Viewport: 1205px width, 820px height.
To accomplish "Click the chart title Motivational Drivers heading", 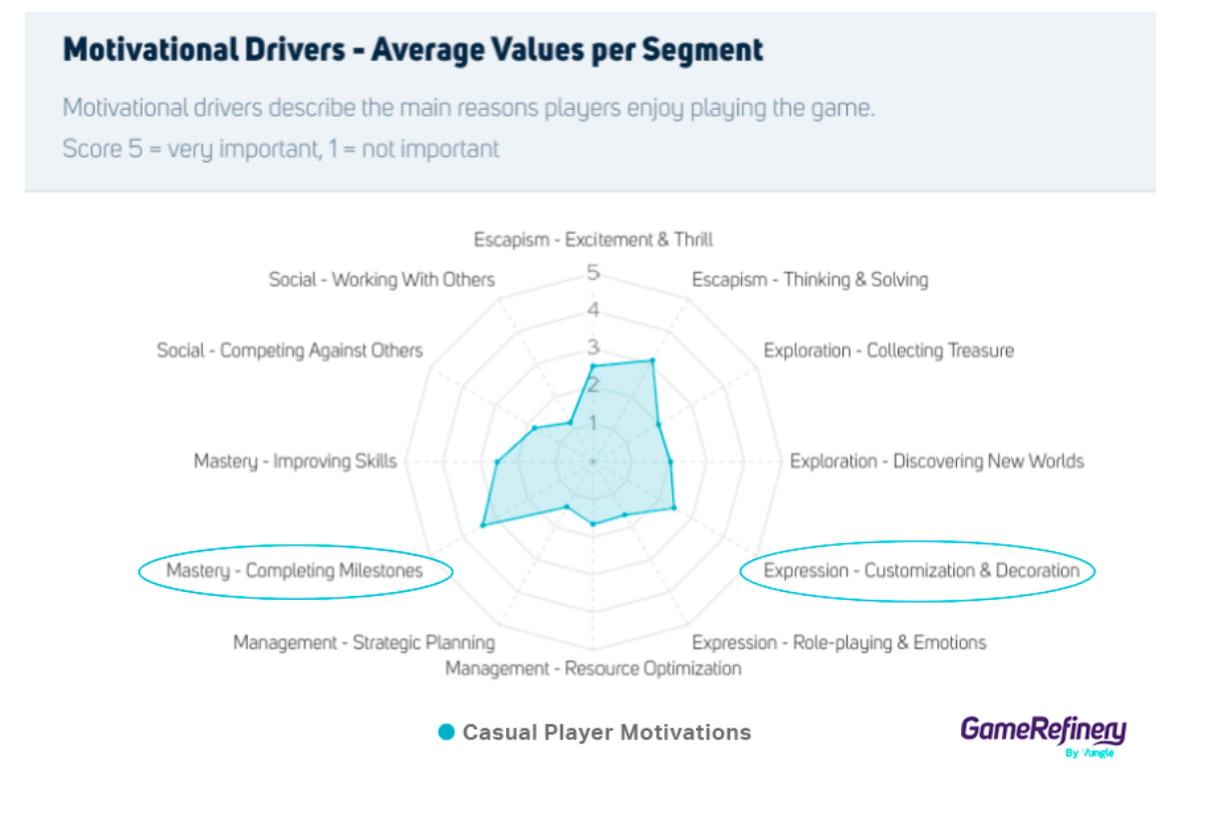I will point(413,50).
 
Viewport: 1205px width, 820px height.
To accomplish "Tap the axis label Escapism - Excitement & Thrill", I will point(594,239).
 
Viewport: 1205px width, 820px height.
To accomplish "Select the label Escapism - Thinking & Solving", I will point(810,280).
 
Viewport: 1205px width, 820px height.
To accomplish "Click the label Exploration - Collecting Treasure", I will point(888,351).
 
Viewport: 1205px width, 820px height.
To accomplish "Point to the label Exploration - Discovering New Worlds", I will point(936,461).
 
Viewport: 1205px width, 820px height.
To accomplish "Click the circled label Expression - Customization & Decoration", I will point(920,571).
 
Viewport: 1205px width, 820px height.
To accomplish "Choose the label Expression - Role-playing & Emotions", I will point(839,643).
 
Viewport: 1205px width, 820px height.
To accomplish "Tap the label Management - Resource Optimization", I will point(594,668).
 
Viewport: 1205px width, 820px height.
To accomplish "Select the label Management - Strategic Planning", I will point(363,643).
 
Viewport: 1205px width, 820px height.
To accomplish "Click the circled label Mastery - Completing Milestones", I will point(295,571).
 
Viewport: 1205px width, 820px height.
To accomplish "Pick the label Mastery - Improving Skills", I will point(295,461).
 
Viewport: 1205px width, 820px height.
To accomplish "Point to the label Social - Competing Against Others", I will point(290,351).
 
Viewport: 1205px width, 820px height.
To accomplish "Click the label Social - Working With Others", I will point(381,280).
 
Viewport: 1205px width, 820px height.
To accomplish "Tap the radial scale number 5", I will point(594,273).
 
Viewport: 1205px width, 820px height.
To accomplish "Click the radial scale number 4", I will point(594,311).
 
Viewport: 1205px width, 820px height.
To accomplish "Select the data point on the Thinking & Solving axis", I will point(652,361).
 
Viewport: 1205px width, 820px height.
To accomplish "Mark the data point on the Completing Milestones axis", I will point(482,525).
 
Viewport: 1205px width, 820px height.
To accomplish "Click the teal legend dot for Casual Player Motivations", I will point(447,733).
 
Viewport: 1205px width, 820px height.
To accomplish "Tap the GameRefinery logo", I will point(1043,732).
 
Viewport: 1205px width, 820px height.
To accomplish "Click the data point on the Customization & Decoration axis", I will point(674,508).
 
